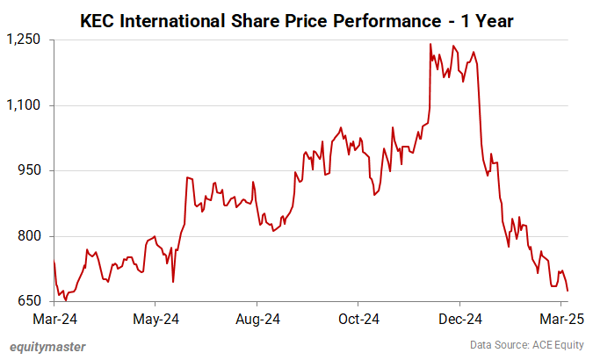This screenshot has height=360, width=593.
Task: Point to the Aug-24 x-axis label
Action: coord(257,319)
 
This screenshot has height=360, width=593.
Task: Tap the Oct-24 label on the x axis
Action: coord(359,319)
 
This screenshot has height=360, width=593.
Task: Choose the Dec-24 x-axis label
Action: coord(461,319)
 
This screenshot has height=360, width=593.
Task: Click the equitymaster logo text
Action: coord(47,346)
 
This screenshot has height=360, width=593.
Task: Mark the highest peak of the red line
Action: coord(430,44)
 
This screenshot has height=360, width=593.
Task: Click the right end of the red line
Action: coord(568,291)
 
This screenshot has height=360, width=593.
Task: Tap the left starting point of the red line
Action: coord(54,262)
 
